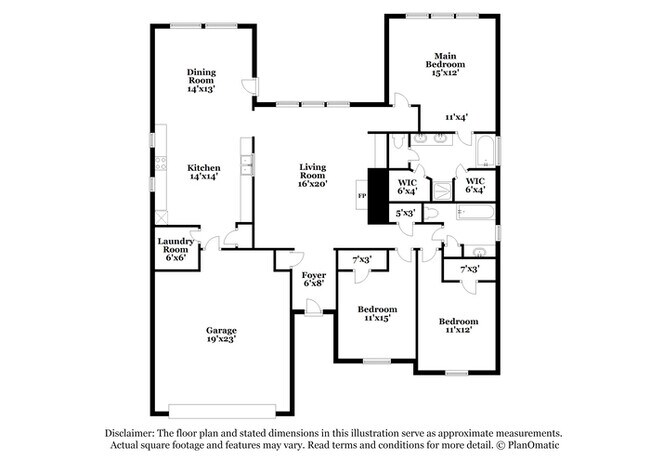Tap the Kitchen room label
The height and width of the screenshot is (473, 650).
coord(203,167)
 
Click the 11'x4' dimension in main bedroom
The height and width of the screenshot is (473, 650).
coord(457,117)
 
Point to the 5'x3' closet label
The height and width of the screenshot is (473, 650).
coord(405,213)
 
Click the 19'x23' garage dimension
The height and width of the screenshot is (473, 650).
coord(221,338)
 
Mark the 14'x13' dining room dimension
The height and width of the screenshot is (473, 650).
coord(202,89)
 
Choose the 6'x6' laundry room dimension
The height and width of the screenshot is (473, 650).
coord(176,258)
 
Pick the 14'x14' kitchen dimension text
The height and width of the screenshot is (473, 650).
coord(203,176)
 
